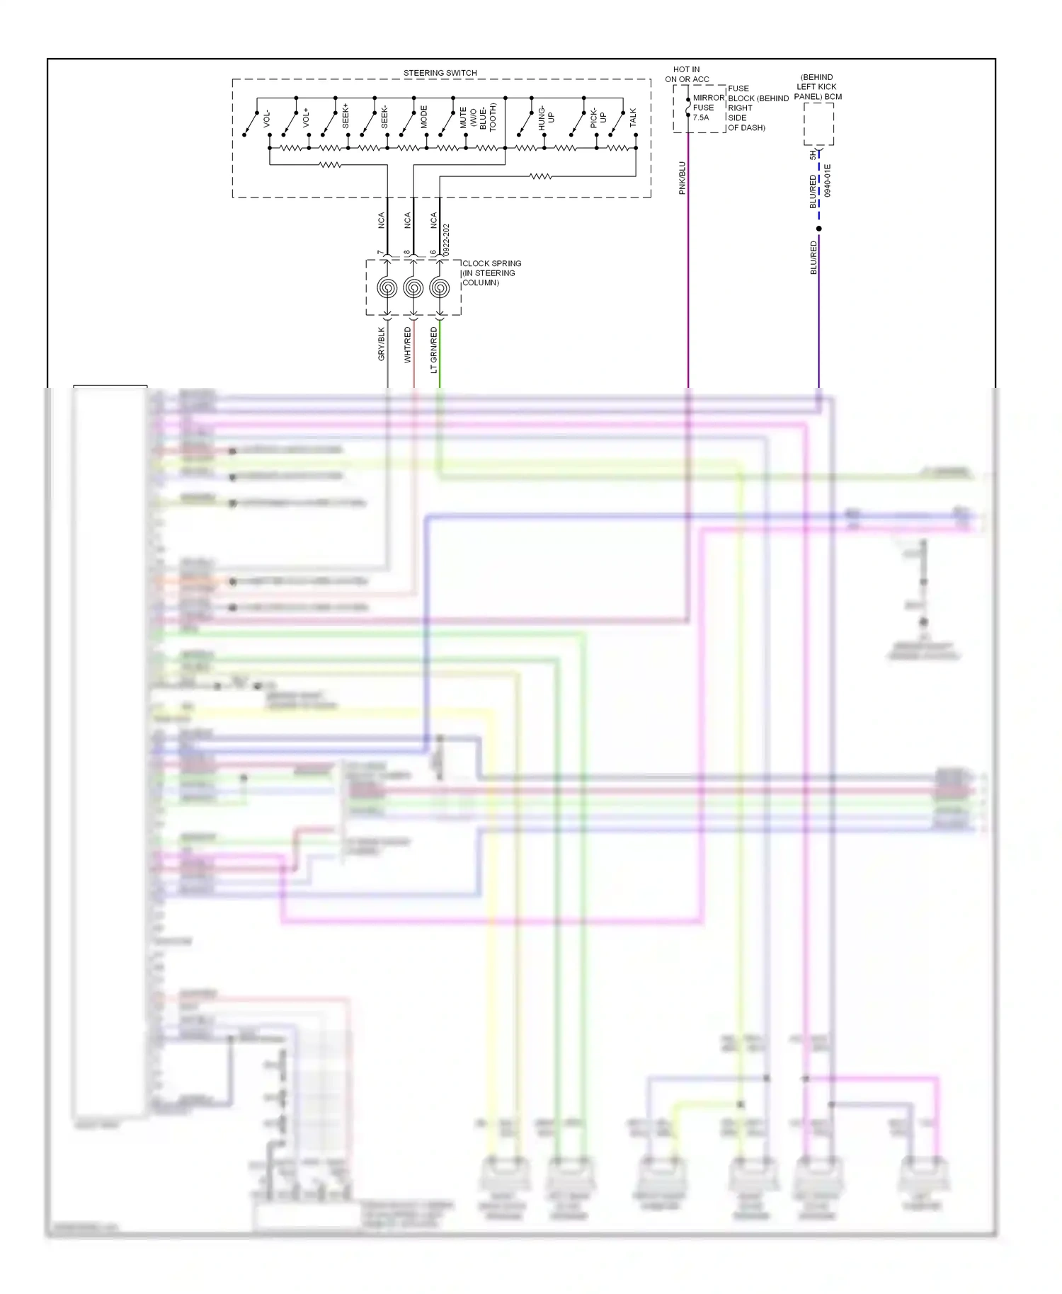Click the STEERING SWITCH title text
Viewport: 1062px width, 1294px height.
(x=440, y=73)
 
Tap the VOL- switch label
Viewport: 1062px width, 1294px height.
(x=267, y=118)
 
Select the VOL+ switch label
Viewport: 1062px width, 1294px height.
(x=307, y=118)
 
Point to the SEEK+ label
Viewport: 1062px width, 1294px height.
(x=346, y=116)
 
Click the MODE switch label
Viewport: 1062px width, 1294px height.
(x=424, y=117)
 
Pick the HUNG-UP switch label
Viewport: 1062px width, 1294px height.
(x=546, y=117)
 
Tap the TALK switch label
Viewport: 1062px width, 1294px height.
(x=633, y=118)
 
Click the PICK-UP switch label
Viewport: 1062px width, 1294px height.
(x=598, y=118)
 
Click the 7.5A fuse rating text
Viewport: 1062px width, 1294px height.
(x=701, y=118)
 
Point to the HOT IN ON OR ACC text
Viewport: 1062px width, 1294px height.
(x=686, y=74)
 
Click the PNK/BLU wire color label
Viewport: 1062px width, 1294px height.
(x=683, y=178)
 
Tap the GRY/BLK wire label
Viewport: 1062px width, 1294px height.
(x=382, y=344)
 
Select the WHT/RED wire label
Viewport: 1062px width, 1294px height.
(x=408, y=345)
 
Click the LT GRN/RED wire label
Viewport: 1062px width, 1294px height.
(x=434, y=350)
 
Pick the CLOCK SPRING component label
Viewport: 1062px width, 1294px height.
(x=491, y=273)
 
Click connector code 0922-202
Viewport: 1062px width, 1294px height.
(x=446, y=241)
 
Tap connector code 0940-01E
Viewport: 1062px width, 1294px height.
(x=828, y=181)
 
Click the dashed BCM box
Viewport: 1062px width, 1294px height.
(x=818, y=124)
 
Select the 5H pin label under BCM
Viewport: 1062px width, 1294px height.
(x=813, y=154)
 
